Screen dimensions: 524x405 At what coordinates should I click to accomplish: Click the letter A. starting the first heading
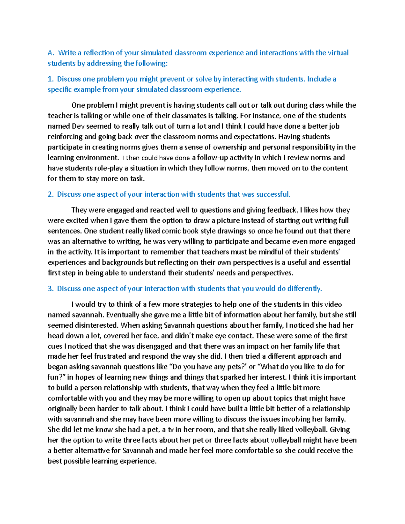51,53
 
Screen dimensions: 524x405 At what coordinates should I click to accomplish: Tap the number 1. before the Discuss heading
51,79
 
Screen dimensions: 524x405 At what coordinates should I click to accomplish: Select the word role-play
110,168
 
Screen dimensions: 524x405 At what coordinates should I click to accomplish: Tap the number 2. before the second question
51,194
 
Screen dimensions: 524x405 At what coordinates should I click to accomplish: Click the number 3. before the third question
51,289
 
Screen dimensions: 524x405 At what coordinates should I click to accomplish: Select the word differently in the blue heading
304,289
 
